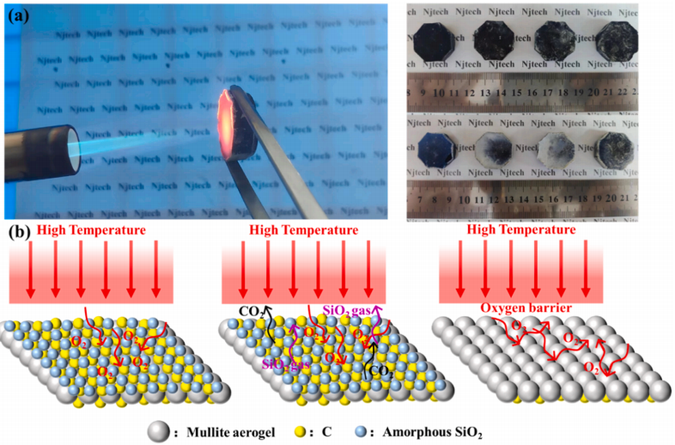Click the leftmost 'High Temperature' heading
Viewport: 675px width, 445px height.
[x=90, y=231]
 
